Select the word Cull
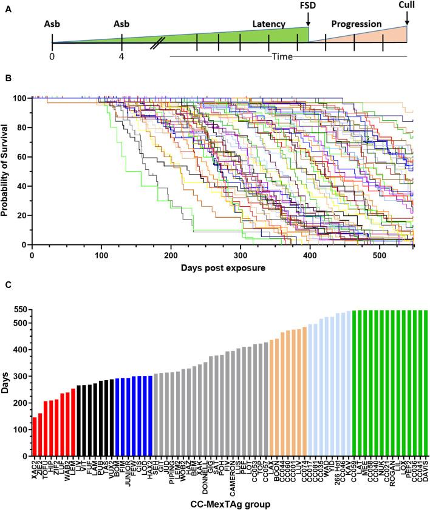(x=406, y=7)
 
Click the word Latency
(x=270, y=24)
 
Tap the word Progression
(x=357, y=24)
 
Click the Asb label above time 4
(x=121, y=24)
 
